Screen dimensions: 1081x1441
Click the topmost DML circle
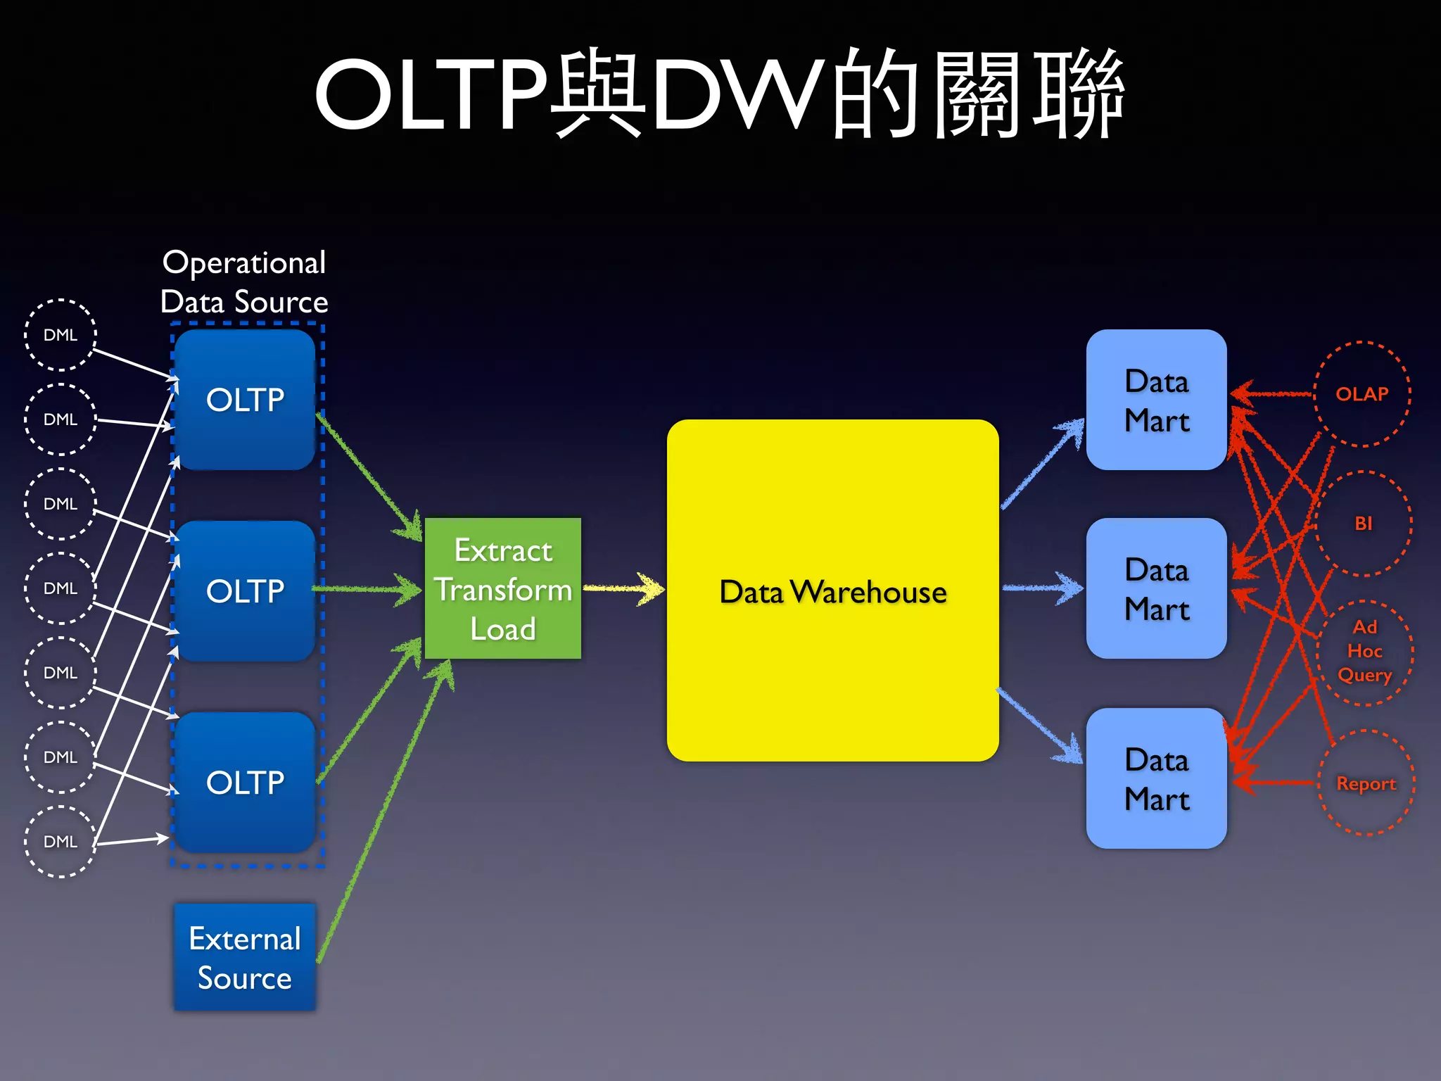(x=61, y=335)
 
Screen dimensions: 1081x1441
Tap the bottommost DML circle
(x=61, y=842)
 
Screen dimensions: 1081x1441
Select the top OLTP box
(x=245, y=400)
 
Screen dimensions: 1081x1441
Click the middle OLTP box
(x=245, y=591)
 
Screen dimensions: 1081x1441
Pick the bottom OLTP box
(x=245, y=783)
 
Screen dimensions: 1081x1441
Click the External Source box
(x=245, y=958)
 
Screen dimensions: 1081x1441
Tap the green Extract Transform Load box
(x=503, y=589)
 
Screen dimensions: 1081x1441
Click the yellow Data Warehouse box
(x=832, y=591)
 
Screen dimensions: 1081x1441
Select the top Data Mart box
(x=1156, y=400)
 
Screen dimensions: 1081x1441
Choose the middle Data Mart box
(x=1156, y=589)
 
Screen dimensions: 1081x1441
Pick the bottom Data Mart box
(x=1156, y=778)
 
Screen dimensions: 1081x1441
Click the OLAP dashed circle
(x=1362, y=394)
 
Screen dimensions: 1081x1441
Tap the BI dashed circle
(x=1364, y=524)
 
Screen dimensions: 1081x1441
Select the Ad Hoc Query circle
(x=1365, y=652)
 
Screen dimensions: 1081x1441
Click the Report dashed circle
(x=1366, y=783)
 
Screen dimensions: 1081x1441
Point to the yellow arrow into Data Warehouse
(x=623, y=588)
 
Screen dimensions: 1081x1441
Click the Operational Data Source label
(x=244, y=282)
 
